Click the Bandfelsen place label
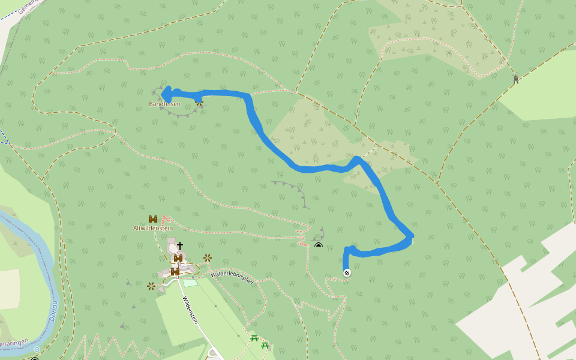(x=164, y=104)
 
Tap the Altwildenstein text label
(x=153, y=228)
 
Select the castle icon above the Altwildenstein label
(x=153, y=219)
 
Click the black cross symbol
(x=179, y=245)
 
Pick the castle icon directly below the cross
(x=178, y=258)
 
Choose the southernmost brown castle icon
(x=175, y=272)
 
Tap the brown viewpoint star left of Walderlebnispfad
(x=208, y=258)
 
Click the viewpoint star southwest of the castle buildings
(x=151, y=286)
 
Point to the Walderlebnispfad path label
(x=230, y=278)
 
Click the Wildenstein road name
(x=191, y=310)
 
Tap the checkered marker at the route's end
(x=347, y=274)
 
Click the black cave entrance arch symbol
(x=319, y=245)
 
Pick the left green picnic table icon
(x=254, y=338)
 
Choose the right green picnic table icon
(x=265, y=345)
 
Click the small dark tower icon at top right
(x=515, y=79)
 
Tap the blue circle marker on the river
(x=37, y=349)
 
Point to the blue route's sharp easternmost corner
(x=412, y=238)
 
